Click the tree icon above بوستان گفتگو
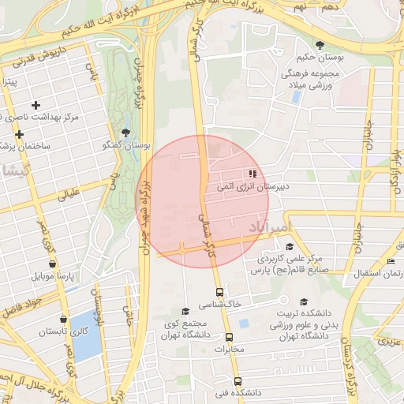pos(125,133)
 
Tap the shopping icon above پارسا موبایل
pos(52,264)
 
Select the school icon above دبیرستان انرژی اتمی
pos(252,174)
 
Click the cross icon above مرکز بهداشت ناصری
pos(36,105)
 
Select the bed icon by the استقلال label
pos(391,262)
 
